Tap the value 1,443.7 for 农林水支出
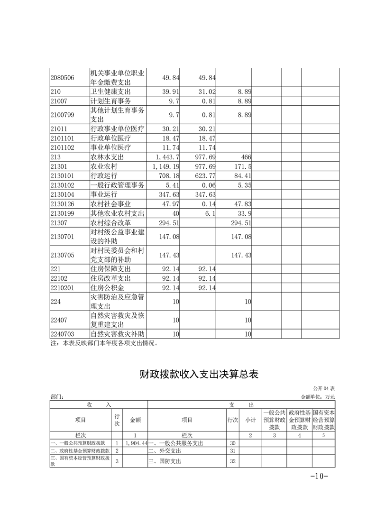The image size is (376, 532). click(x=167, y=157)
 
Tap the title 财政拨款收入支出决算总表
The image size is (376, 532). click(x=199, y=374)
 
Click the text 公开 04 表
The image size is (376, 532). click(x=324, y=388)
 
